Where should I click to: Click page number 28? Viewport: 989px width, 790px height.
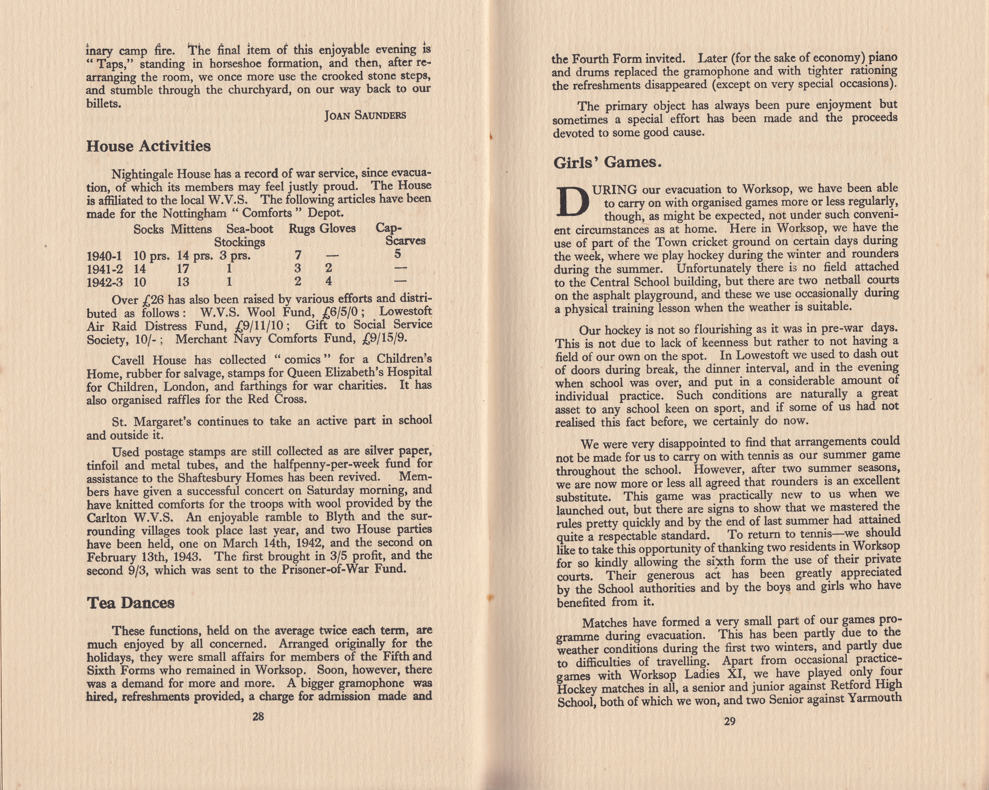pos(258,716)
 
